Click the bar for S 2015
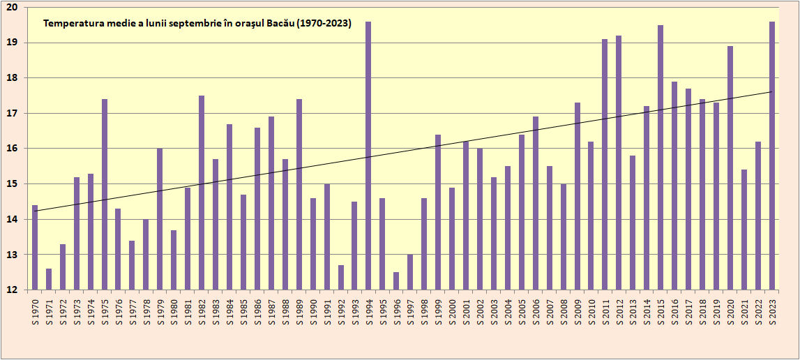coord(661,157)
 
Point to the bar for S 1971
coord(49,279)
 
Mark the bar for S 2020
coord(730,167)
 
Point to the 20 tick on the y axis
coord(13,7)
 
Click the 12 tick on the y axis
coord(13,290)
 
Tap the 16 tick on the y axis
coord(13,149)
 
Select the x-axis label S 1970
coord(35,310)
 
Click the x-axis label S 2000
coord(452,310)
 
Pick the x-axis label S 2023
coord(772,310)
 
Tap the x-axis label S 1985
coord(243,310)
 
